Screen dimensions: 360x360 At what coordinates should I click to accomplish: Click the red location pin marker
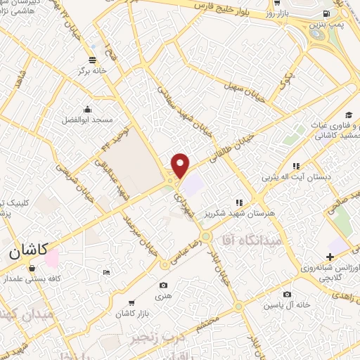pos(181,165)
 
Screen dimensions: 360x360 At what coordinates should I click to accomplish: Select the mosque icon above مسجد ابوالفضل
pos(87,109)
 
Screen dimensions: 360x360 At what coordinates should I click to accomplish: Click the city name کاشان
pos(30,250)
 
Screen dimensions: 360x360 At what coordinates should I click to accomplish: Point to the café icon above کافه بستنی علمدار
pos(32,268)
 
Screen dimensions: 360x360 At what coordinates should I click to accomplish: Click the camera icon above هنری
pos(163,285)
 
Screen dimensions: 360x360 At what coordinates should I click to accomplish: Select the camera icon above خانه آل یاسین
pos(286,294)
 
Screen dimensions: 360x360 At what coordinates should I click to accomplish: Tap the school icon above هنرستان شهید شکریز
pos(239,202)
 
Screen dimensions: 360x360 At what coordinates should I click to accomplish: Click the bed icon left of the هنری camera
pos(106,272)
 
